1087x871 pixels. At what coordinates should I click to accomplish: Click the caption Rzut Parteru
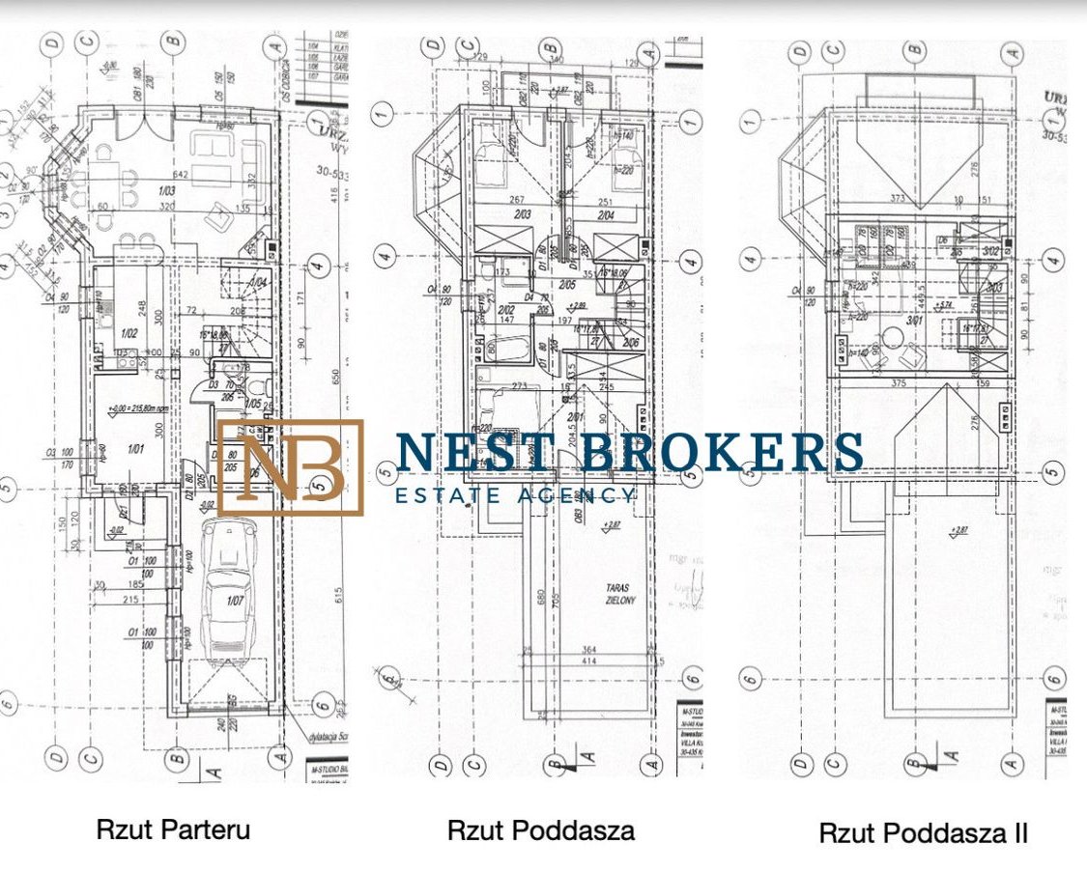tap(173, 829)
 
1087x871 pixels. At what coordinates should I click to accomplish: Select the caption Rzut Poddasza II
tap(923, 833)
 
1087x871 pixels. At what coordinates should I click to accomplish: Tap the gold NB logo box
tap(290, 467)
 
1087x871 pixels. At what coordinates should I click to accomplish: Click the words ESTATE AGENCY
tap(516, 495)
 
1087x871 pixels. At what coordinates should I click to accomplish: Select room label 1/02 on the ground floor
tap(128, 333)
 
